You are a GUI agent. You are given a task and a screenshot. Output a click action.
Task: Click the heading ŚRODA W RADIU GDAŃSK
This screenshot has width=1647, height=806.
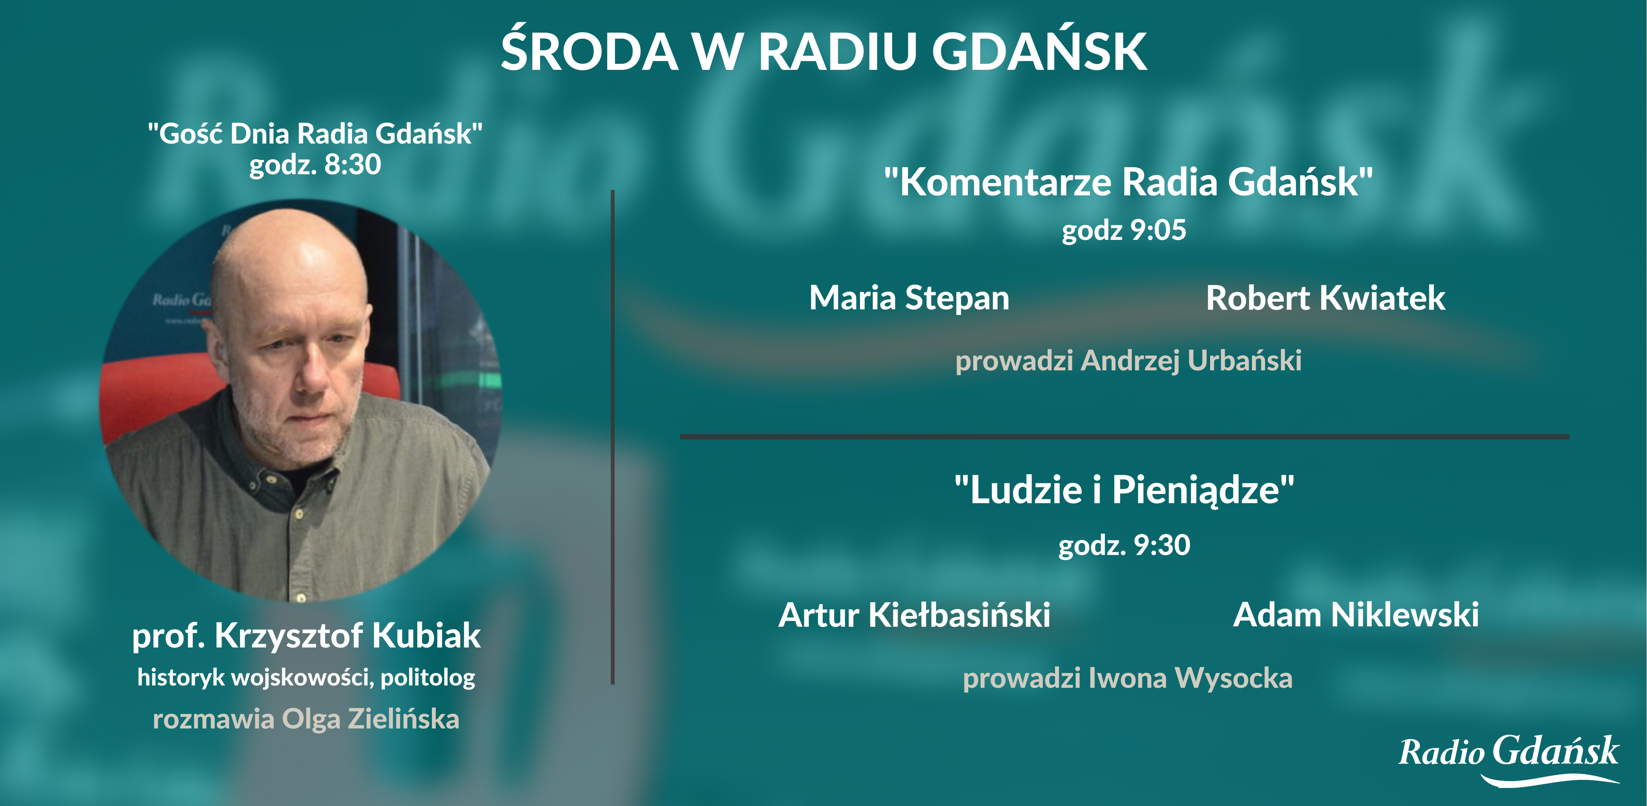pos(823,51)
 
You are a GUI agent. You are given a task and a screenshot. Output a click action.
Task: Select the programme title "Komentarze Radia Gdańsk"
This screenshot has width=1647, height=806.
pos(1128,182)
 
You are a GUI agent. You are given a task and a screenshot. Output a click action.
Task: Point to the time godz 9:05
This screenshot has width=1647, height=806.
pos(1124,231)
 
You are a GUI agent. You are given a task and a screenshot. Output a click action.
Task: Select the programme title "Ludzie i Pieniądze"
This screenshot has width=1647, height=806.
pos(1124,490)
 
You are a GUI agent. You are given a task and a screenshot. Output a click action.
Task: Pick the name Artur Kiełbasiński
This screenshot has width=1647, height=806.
pos(914,615)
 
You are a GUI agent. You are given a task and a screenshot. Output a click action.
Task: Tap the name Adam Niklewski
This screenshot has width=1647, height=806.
pos(1356,615)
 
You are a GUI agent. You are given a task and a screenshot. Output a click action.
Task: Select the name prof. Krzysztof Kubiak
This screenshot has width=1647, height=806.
pos(306,636)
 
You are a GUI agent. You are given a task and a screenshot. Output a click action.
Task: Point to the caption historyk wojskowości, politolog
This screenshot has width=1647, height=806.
pos(306,677)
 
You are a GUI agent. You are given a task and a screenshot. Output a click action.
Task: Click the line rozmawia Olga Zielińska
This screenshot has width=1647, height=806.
pos(306,719)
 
